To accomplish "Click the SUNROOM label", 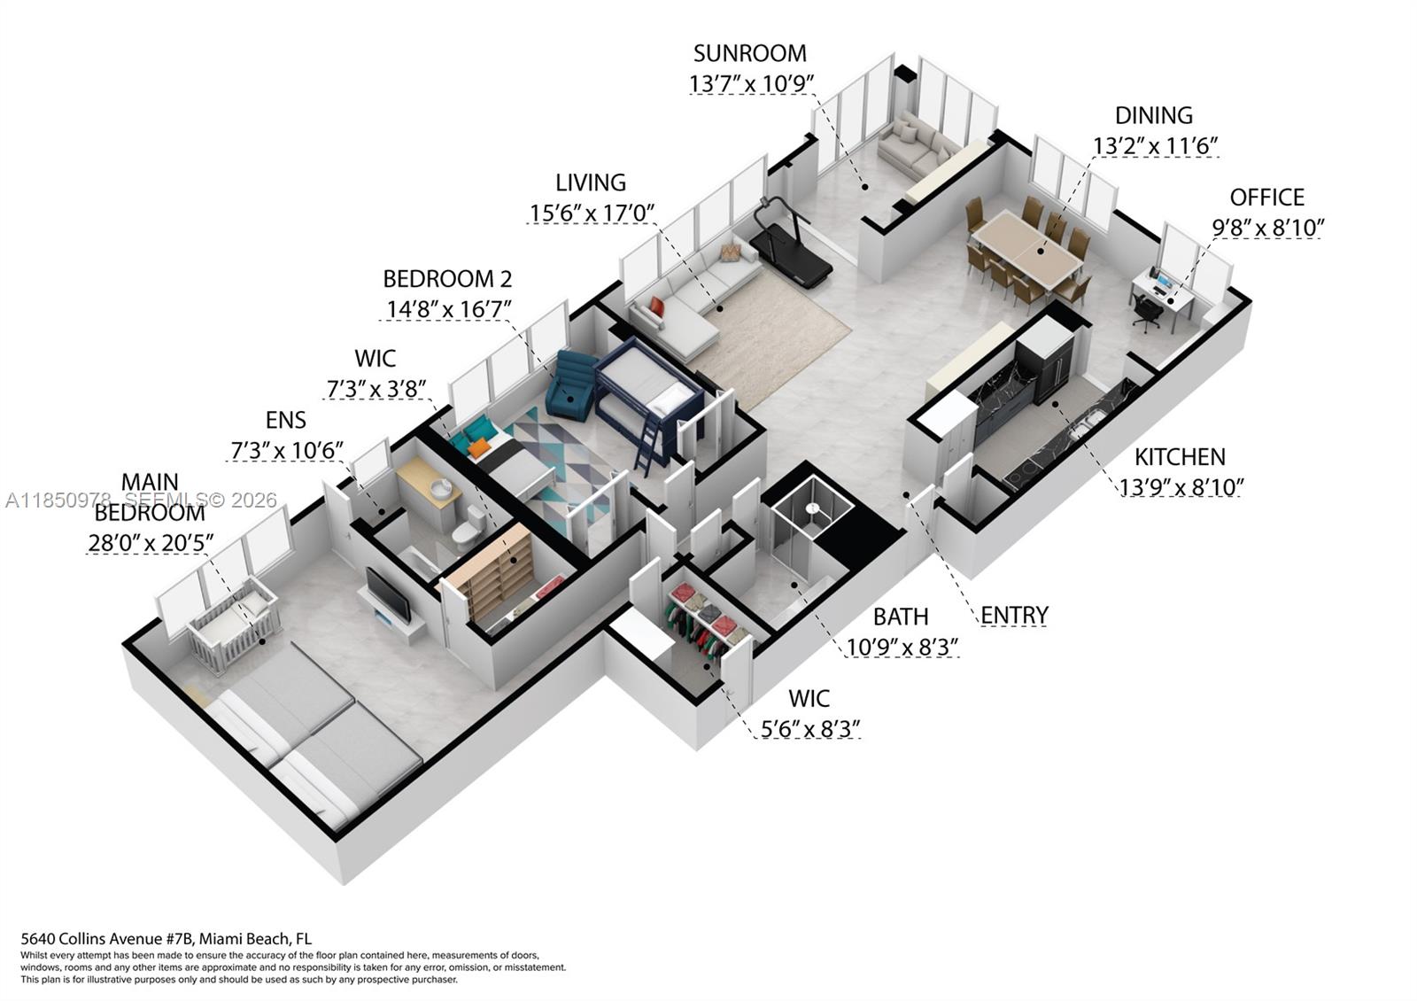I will point(749,53).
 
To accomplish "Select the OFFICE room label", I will point(1266,197).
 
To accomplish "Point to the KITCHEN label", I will point(1180,457).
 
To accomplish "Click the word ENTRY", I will point(1014,615).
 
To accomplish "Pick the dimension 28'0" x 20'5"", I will point(151,543).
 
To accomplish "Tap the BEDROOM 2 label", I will point(447,279).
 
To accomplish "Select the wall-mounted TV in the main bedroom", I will point(388,594).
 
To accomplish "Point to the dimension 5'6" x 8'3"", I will point(810,729).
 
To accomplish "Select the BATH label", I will point(901,617).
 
